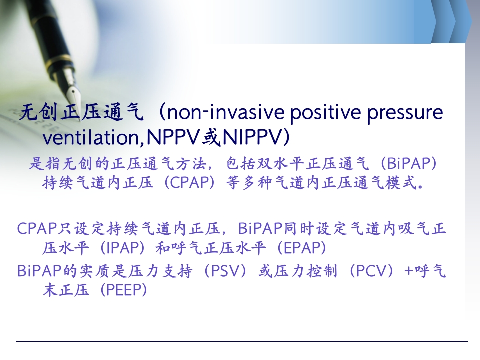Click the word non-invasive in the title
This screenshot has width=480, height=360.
226,112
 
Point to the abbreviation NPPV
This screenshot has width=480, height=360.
173,137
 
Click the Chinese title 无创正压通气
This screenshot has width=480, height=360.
81,112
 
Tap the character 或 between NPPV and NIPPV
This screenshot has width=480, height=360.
211,137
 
